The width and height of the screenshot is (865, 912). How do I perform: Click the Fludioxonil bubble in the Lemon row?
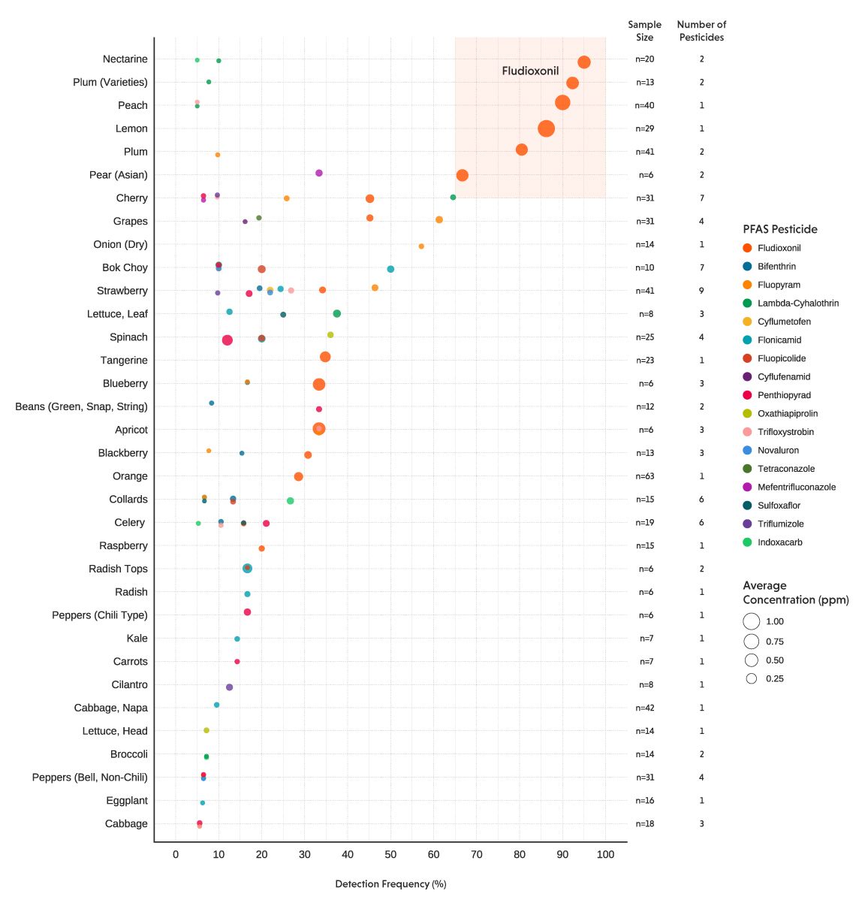[546, 128]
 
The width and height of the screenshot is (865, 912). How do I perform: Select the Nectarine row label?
[125, 59]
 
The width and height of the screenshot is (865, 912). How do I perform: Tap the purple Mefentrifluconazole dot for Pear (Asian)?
[318, 173]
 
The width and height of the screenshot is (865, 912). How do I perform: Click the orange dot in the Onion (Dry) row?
[420, 246]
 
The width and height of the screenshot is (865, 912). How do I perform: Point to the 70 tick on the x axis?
[476, 854]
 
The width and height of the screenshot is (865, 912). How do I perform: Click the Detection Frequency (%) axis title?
[390, 883]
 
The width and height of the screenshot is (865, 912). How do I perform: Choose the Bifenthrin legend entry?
[776, 266]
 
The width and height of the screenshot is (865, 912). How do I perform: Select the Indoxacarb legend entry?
[779, 542]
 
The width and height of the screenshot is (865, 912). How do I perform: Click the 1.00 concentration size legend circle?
[752, 621]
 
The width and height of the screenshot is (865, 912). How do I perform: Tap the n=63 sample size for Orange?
[644, 476]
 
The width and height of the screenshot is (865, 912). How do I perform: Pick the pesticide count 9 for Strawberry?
[701, 291]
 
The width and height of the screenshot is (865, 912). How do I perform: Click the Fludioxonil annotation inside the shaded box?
[530, 71]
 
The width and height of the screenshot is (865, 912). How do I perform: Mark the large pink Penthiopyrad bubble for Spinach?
[227, 340]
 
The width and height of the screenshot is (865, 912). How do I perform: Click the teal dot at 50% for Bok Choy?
[390, 269]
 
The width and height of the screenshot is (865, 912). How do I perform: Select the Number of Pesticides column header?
[701, 31]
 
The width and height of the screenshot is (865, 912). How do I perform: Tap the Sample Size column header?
[644, 31]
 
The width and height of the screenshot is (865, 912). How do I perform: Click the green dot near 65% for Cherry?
[453, 198]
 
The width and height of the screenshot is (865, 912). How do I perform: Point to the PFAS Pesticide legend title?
[779, 229]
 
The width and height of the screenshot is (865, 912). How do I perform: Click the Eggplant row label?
[126, 801]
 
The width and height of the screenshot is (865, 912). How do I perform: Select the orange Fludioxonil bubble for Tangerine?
[325, 357]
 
